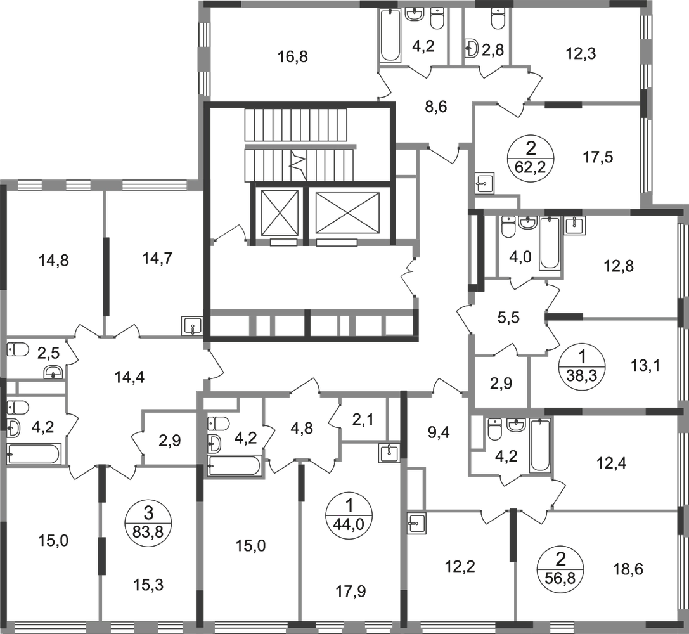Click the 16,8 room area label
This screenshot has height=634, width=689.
point(293,56)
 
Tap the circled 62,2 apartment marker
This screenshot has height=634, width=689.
point(531,157)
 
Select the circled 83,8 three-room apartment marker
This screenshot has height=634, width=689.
point(148,521)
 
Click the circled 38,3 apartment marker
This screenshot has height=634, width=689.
point(583,365)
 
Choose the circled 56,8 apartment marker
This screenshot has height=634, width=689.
point(561,567)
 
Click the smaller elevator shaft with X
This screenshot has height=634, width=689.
point(280,212)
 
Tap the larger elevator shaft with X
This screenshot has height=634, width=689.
point(347,212)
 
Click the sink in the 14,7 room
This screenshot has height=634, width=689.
point(193,326)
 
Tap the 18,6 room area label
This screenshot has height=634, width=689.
point(628,569)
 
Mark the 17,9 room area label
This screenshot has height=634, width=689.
point(351,592)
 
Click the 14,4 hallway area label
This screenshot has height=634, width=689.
point(129,377)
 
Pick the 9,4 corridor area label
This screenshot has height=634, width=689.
point(439,433)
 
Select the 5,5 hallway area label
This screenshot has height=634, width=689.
point(508,317)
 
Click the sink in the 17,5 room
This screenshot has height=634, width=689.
point(486,183)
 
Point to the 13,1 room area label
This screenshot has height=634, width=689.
point(645,365)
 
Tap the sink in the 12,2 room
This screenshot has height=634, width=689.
point(416,523)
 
